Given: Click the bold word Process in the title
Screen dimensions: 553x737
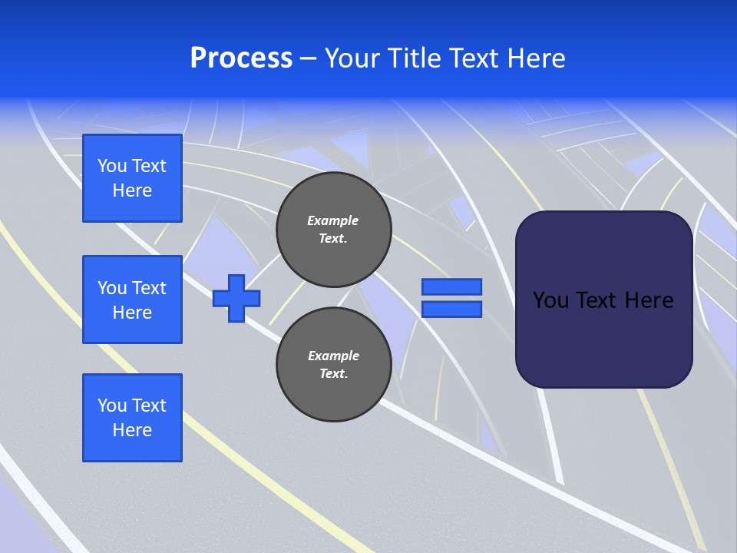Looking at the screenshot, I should pyautogui.click(x=241, y=58).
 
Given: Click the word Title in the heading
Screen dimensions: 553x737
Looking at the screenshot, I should pyautogui.click(x=415, y=58).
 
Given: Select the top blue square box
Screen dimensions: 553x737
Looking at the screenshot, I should pyautogui.click(x=132, y=178).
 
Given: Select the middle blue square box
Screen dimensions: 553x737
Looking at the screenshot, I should pyautogui.click(x=132, y=300).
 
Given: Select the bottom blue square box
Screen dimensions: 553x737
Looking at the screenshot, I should pyautogui.click(x=132, y=418).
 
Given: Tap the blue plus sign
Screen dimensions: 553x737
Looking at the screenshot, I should pyautogui.click(x=236, y=298).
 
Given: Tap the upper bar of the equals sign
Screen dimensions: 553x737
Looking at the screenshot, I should pyautogui.click(x=451, y=286).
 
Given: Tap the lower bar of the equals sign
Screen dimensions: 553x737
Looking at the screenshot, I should pyautogui.click(x=451, y=310).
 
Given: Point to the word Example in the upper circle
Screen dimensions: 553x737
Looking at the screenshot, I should pyautogui.click(x=333, y=220).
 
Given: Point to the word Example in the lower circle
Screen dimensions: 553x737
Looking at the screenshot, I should pyautogui.click(x=333, y=356).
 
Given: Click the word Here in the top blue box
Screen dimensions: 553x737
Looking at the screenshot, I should pyautogui.click(x=132, y=190).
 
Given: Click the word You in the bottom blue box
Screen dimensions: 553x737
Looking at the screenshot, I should pyautogui.click(x=112, y=406).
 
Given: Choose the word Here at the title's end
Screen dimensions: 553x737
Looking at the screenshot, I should pyautogui.click(x=537, y=58).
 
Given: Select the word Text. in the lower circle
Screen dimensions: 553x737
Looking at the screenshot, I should pyautogui.click(x=333, y=374).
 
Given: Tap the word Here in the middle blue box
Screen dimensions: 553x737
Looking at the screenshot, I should pyautogui.click(x=132, y=313).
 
